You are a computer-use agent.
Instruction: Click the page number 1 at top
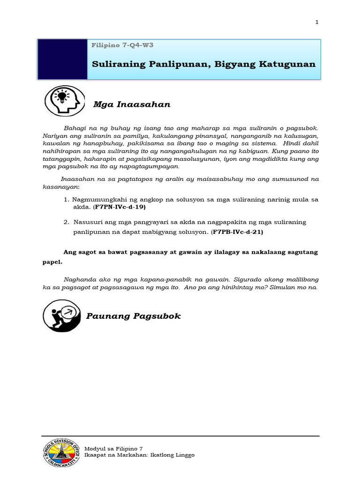pos(317,22)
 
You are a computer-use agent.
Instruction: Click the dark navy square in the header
pos(62,59)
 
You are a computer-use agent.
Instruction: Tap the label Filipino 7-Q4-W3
pos(123,45)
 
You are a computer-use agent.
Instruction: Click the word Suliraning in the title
pos(114,64)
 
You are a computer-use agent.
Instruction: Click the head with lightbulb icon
pos(64,101)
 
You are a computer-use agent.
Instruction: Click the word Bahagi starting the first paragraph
pos(75,127)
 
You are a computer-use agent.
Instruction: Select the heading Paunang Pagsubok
pos(134,316)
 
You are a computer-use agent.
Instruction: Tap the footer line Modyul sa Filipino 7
pos(113,449)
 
